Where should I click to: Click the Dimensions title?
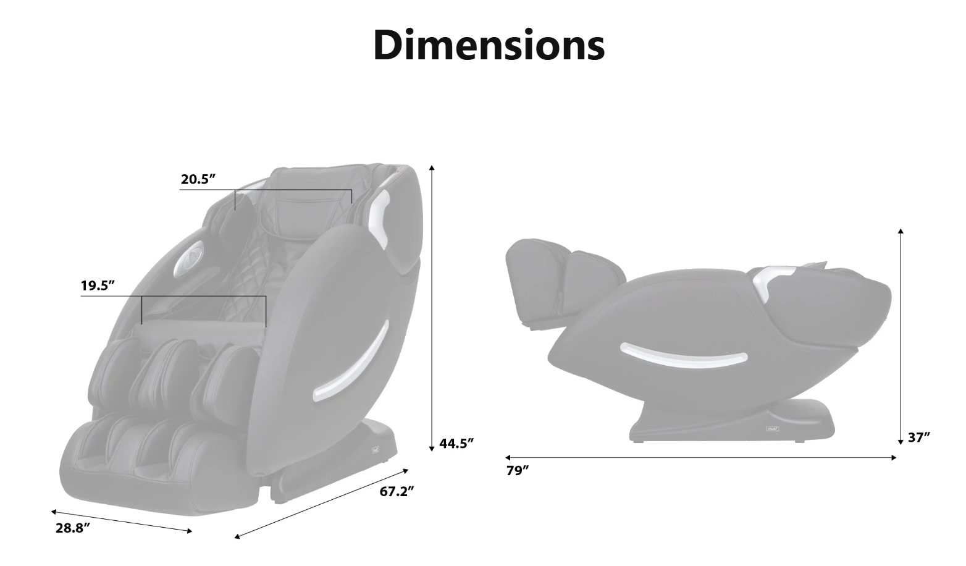click(489, 45)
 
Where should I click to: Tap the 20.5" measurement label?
click(198, 179)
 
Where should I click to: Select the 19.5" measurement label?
click(98, 285)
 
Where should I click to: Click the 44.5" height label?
click(456, 443)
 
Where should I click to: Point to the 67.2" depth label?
click(397, 491)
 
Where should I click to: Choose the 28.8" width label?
click(73, 528)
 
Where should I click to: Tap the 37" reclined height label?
click(919, 437)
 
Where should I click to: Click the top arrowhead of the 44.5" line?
click(432, 167)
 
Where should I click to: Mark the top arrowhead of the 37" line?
click(901, 232)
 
